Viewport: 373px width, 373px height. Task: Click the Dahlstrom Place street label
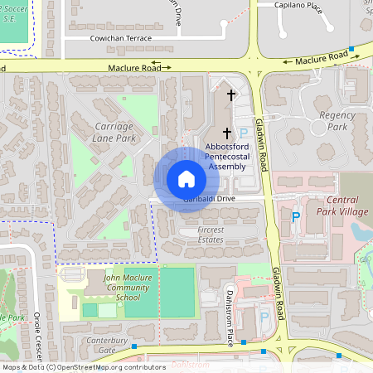tap(230, 311)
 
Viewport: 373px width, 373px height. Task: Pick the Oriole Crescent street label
tap(37, 336)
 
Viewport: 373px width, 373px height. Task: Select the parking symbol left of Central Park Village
tap(296, 216)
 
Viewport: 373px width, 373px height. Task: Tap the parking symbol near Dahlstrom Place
tap(264, 316)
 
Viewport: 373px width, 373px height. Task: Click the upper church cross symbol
tap(230, 96)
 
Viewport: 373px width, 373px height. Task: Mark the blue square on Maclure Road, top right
tap(352, 50)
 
